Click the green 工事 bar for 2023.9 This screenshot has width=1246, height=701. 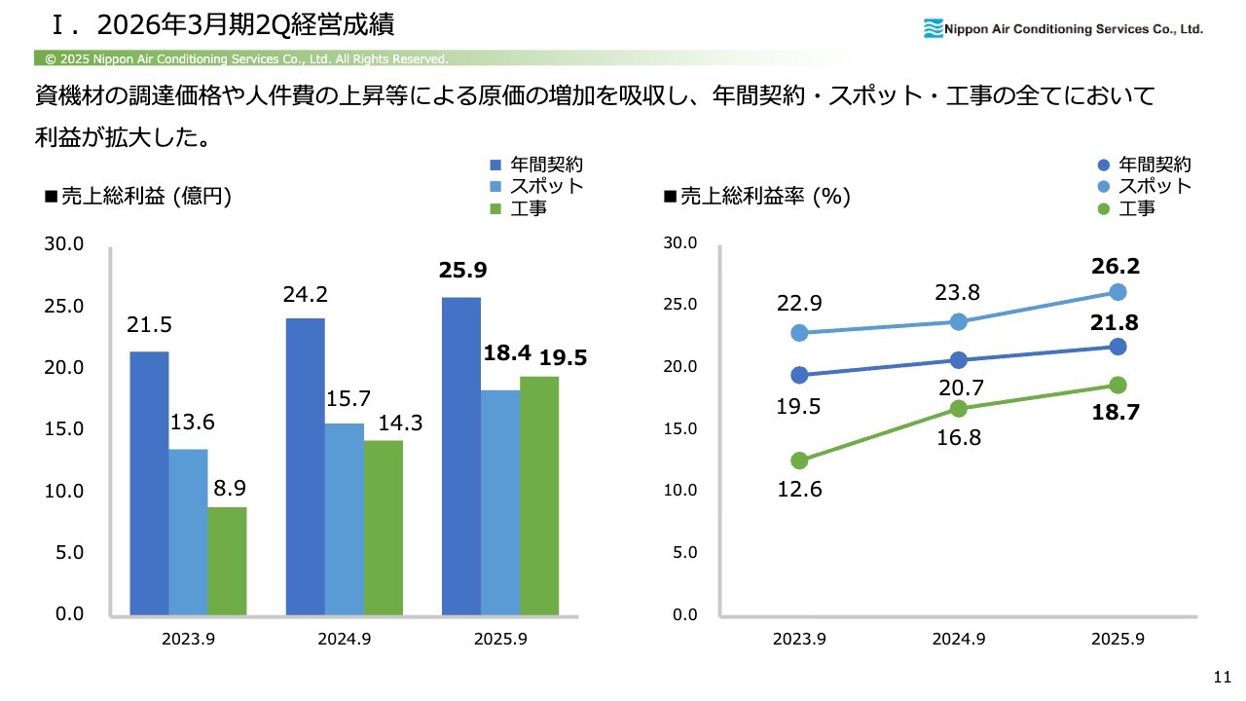tap(227, 561)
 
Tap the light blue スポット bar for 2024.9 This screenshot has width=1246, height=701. tap(344, 519)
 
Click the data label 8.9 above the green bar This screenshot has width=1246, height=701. tap(228, 486)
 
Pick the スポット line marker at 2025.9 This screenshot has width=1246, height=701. tap(1118, 292)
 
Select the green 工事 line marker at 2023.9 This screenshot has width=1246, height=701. tap(799, 461)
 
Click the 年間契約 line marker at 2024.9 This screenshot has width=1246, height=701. tap(959, 360)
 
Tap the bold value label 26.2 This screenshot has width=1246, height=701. tap(1116, 266)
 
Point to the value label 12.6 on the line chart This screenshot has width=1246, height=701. tap(799, 489)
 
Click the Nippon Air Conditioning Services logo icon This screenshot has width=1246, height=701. tap(933, 28)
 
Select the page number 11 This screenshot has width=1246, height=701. tap(1223, 677)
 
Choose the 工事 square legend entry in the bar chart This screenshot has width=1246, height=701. tap(495, 207)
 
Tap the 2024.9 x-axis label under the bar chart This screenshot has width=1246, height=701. tap(344, 640)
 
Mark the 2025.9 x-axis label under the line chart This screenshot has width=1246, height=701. tap(1118, 640)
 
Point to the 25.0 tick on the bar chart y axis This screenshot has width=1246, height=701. tap(64, 306)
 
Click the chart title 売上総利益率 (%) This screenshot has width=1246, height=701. tap(756, 197)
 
